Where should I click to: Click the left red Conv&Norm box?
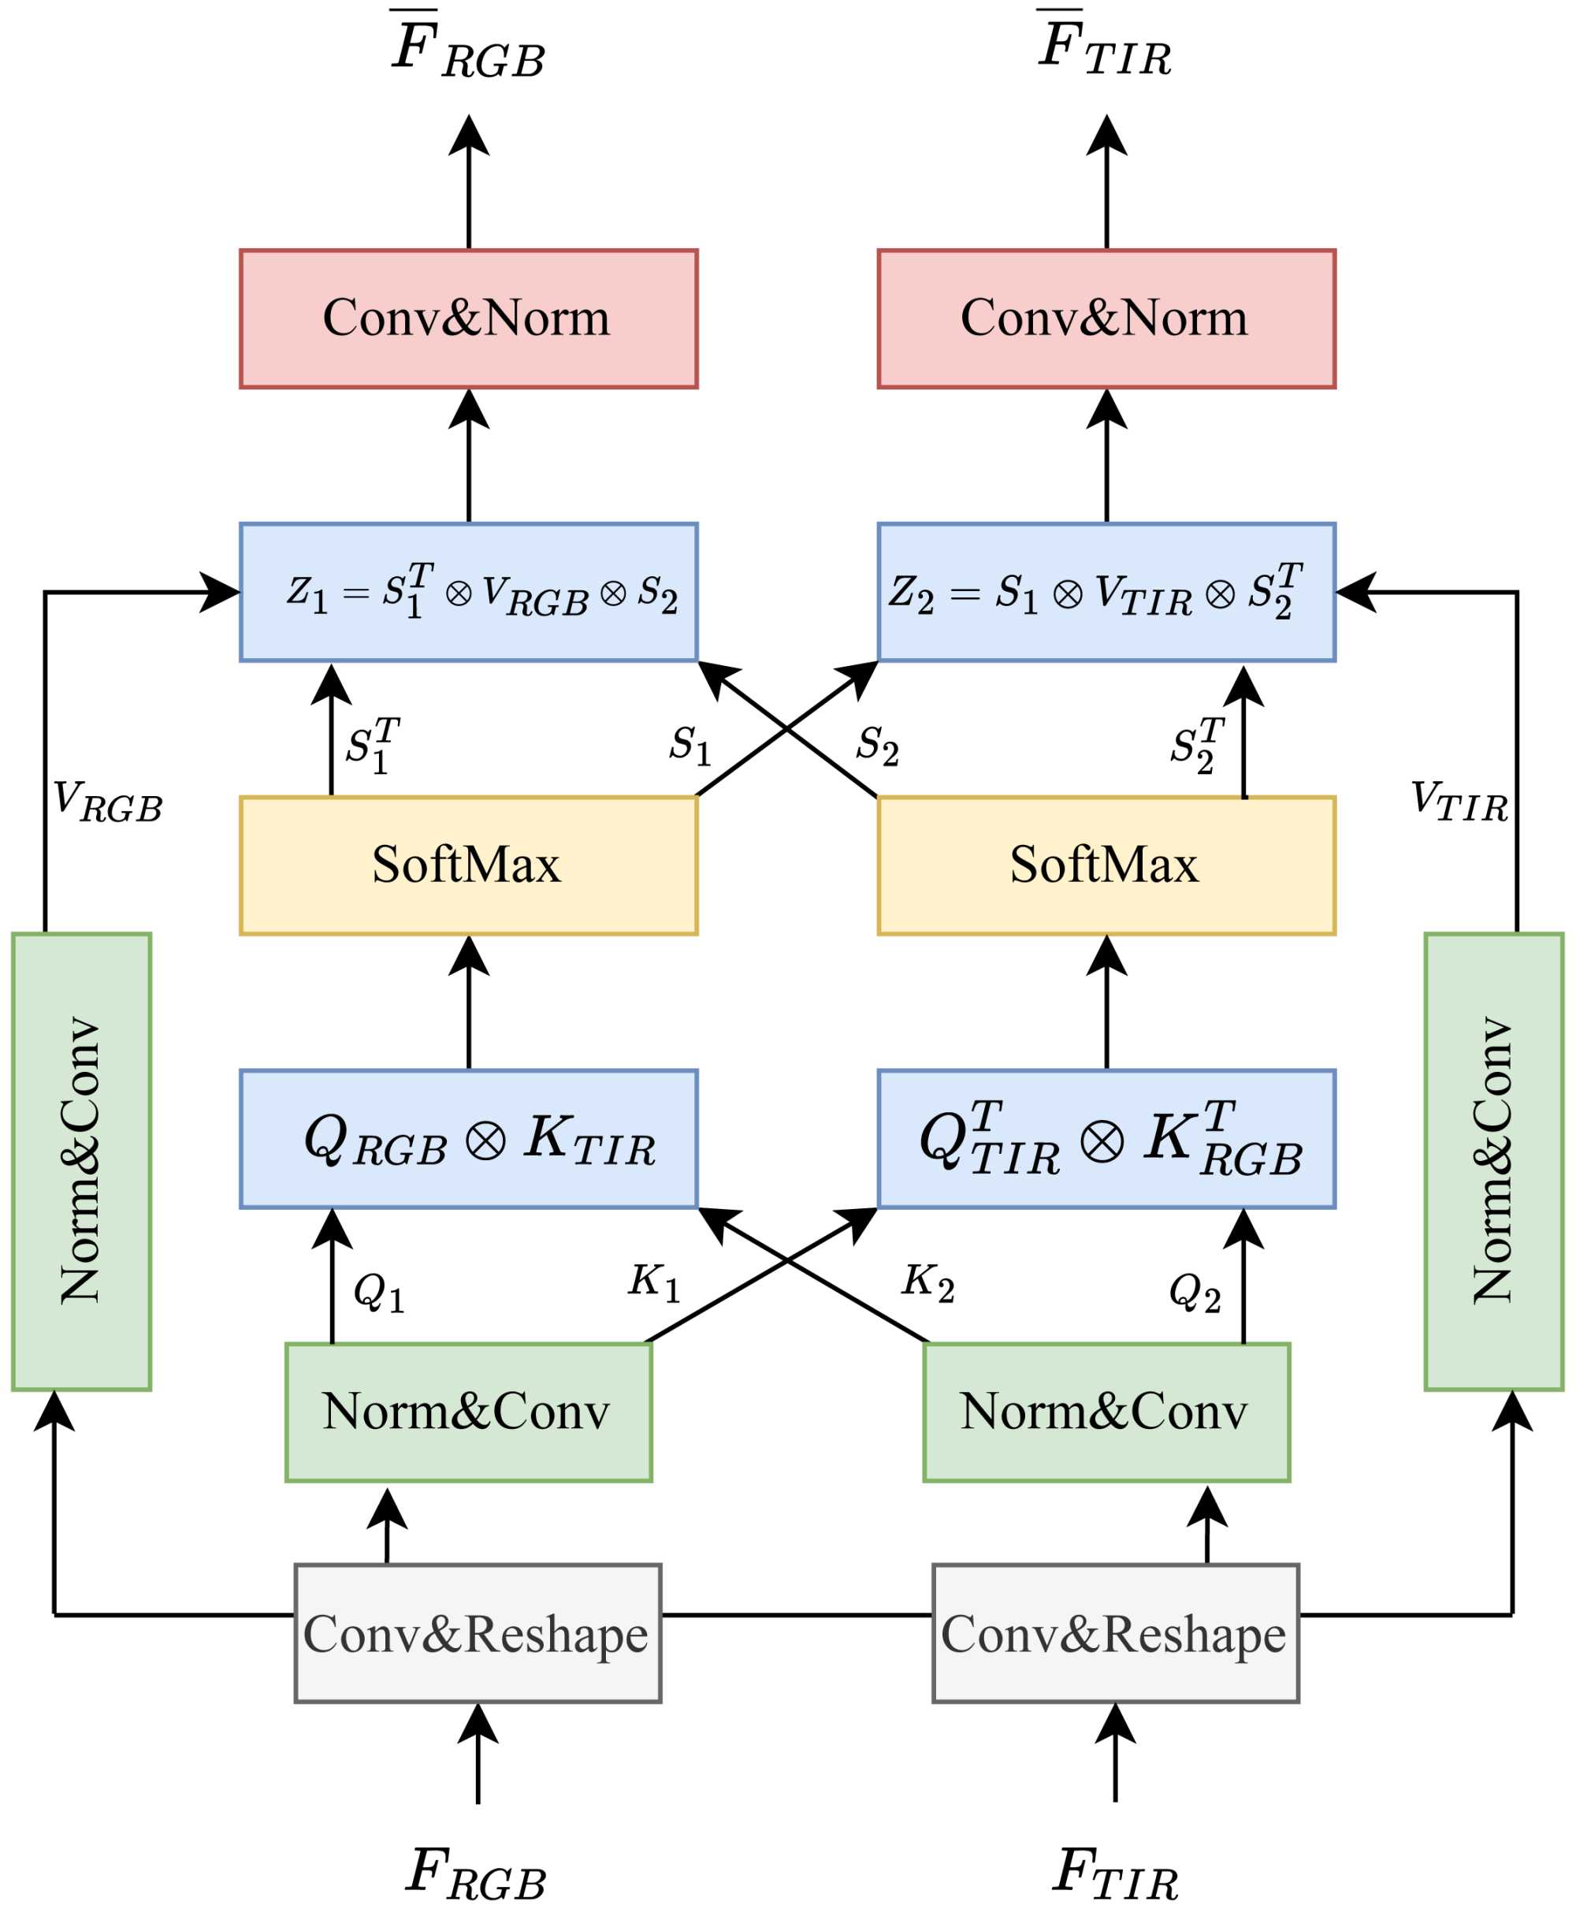click(x=468, y=318)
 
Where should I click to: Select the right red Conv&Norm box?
click(x=1106, y=318)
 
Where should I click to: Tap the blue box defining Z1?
click(x=468, y=592)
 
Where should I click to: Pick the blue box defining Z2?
click(x=1106, y=592)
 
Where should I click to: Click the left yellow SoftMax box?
click(x=468, y=865)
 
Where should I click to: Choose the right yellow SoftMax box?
click(x=1106, y=865)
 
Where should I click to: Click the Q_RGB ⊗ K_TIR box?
click(x=468, y=1139)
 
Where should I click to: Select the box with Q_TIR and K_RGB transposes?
click(x=1106, y=1139)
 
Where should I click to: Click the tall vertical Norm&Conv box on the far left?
click(x=82, y=1162)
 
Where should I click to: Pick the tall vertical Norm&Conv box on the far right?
click(x=1493, y=1162)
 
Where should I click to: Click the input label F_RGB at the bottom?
click(x=476, y=1874)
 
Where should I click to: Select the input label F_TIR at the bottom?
click(x=1115, y=1874)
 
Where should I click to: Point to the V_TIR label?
click(x=1459, y=801)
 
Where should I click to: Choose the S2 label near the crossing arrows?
click(x=877, y=745)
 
